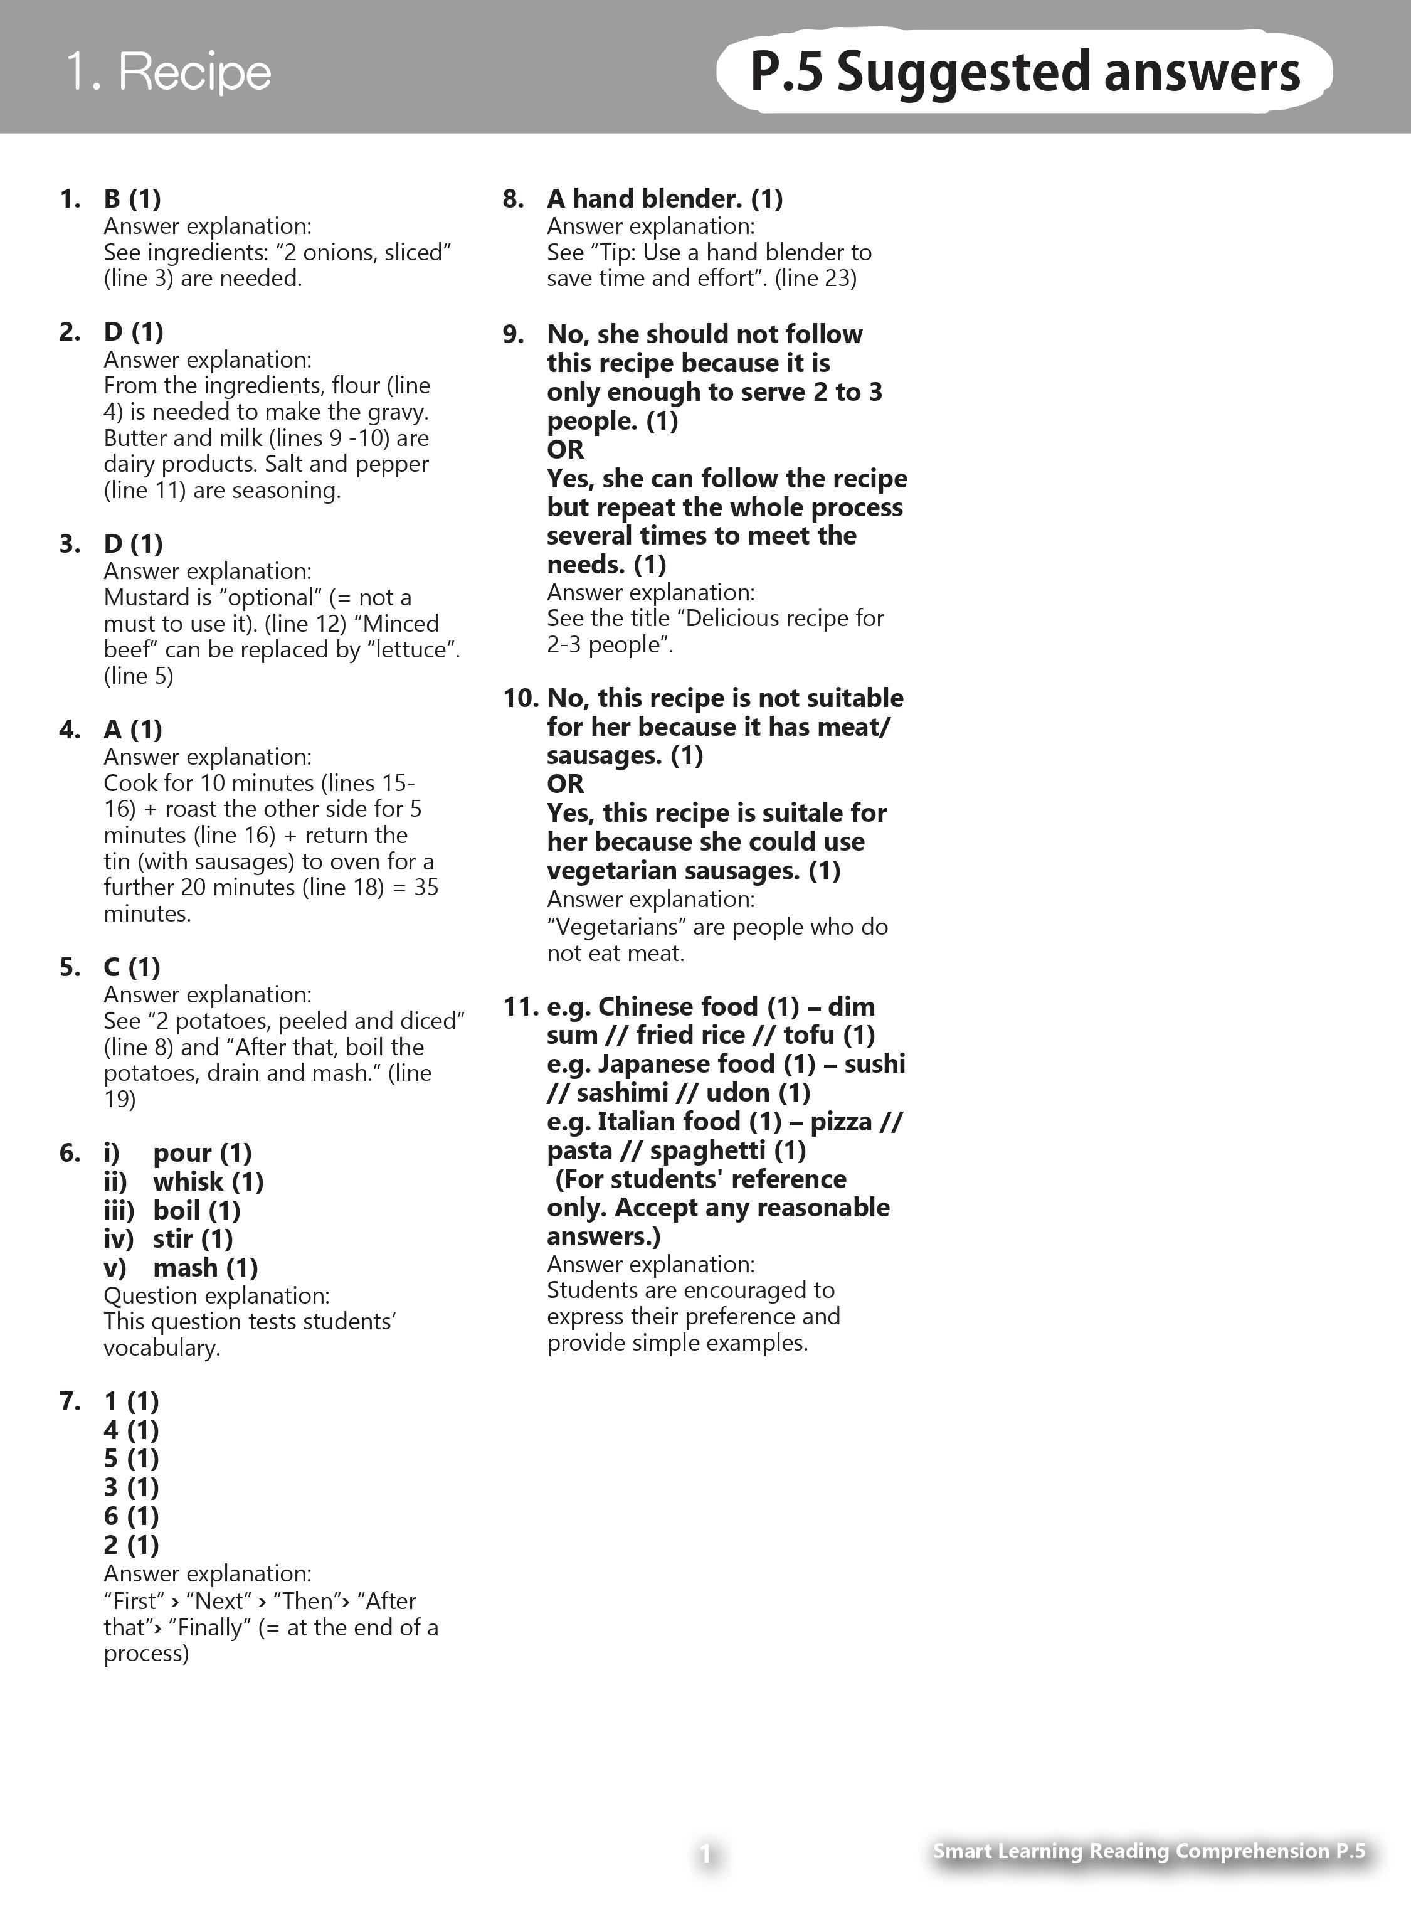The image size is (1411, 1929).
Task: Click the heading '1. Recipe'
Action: click(x=168, y=71)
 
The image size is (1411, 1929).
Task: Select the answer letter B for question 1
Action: click(x=112, y=199)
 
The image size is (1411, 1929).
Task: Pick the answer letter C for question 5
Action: click(x=112, y=967)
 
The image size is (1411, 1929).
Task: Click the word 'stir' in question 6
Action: click(x=172, y=1239)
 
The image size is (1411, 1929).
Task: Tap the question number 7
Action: click(x=70, y=1402)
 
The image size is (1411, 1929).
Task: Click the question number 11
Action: click(x=520, y=1007)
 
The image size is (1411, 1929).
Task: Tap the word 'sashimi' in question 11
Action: click(x=623, y=1093)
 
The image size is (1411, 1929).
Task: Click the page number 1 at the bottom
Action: click(x=705, y=1854)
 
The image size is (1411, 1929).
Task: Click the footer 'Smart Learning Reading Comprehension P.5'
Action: click(x=1149, y=1851)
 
